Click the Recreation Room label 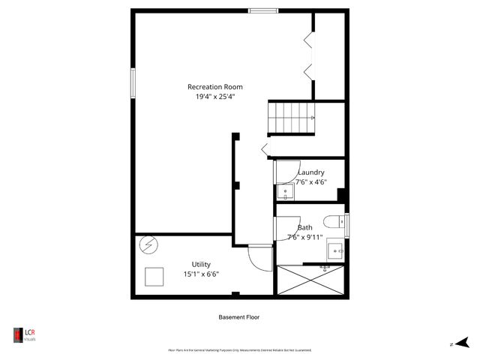[x=214, y=87]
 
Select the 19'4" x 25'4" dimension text [x=214, y=97]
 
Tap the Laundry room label [x=310, y=172]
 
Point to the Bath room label [x=305, y=227]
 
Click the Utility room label [x=201, y=264]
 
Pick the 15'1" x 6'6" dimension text [x=201, y=274]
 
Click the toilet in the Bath [x=334, y=220]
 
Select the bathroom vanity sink [x=335, y=249]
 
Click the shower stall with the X [x=310, y=280]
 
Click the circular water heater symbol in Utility [x=148, y=245]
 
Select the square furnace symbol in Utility [x=155, y=277]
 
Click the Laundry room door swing [x=287, y=172]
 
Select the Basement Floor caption [x=239, y=317]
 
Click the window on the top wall [x=263, y=10]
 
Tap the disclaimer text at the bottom [x=239, y=350]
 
